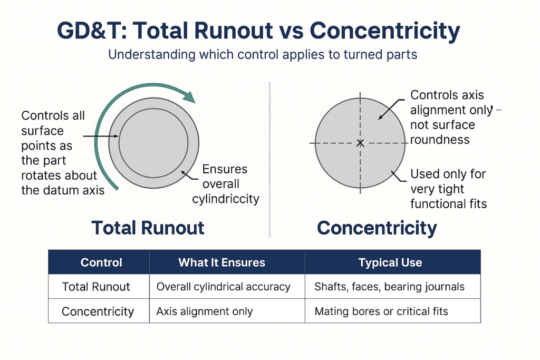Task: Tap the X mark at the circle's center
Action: (360, 143)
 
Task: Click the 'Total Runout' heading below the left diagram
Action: (148, 228)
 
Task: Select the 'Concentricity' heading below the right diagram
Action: (377, 228)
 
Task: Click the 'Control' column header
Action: (101, 262)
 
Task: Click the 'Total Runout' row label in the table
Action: (96, 287)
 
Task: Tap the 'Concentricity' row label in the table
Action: (98, 312)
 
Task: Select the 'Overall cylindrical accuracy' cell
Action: (223, 287)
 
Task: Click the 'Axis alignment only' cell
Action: (204, 312)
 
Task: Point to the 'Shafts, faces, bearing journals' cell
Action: (389, 287)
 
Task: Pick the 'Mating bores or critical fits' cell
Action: (381, 312)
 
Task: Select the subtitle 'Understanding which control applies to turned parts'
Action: (262, 55)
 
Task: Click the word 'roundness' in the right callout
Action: (440, 140)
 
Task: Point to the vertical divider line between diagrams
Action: (270, 158)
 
